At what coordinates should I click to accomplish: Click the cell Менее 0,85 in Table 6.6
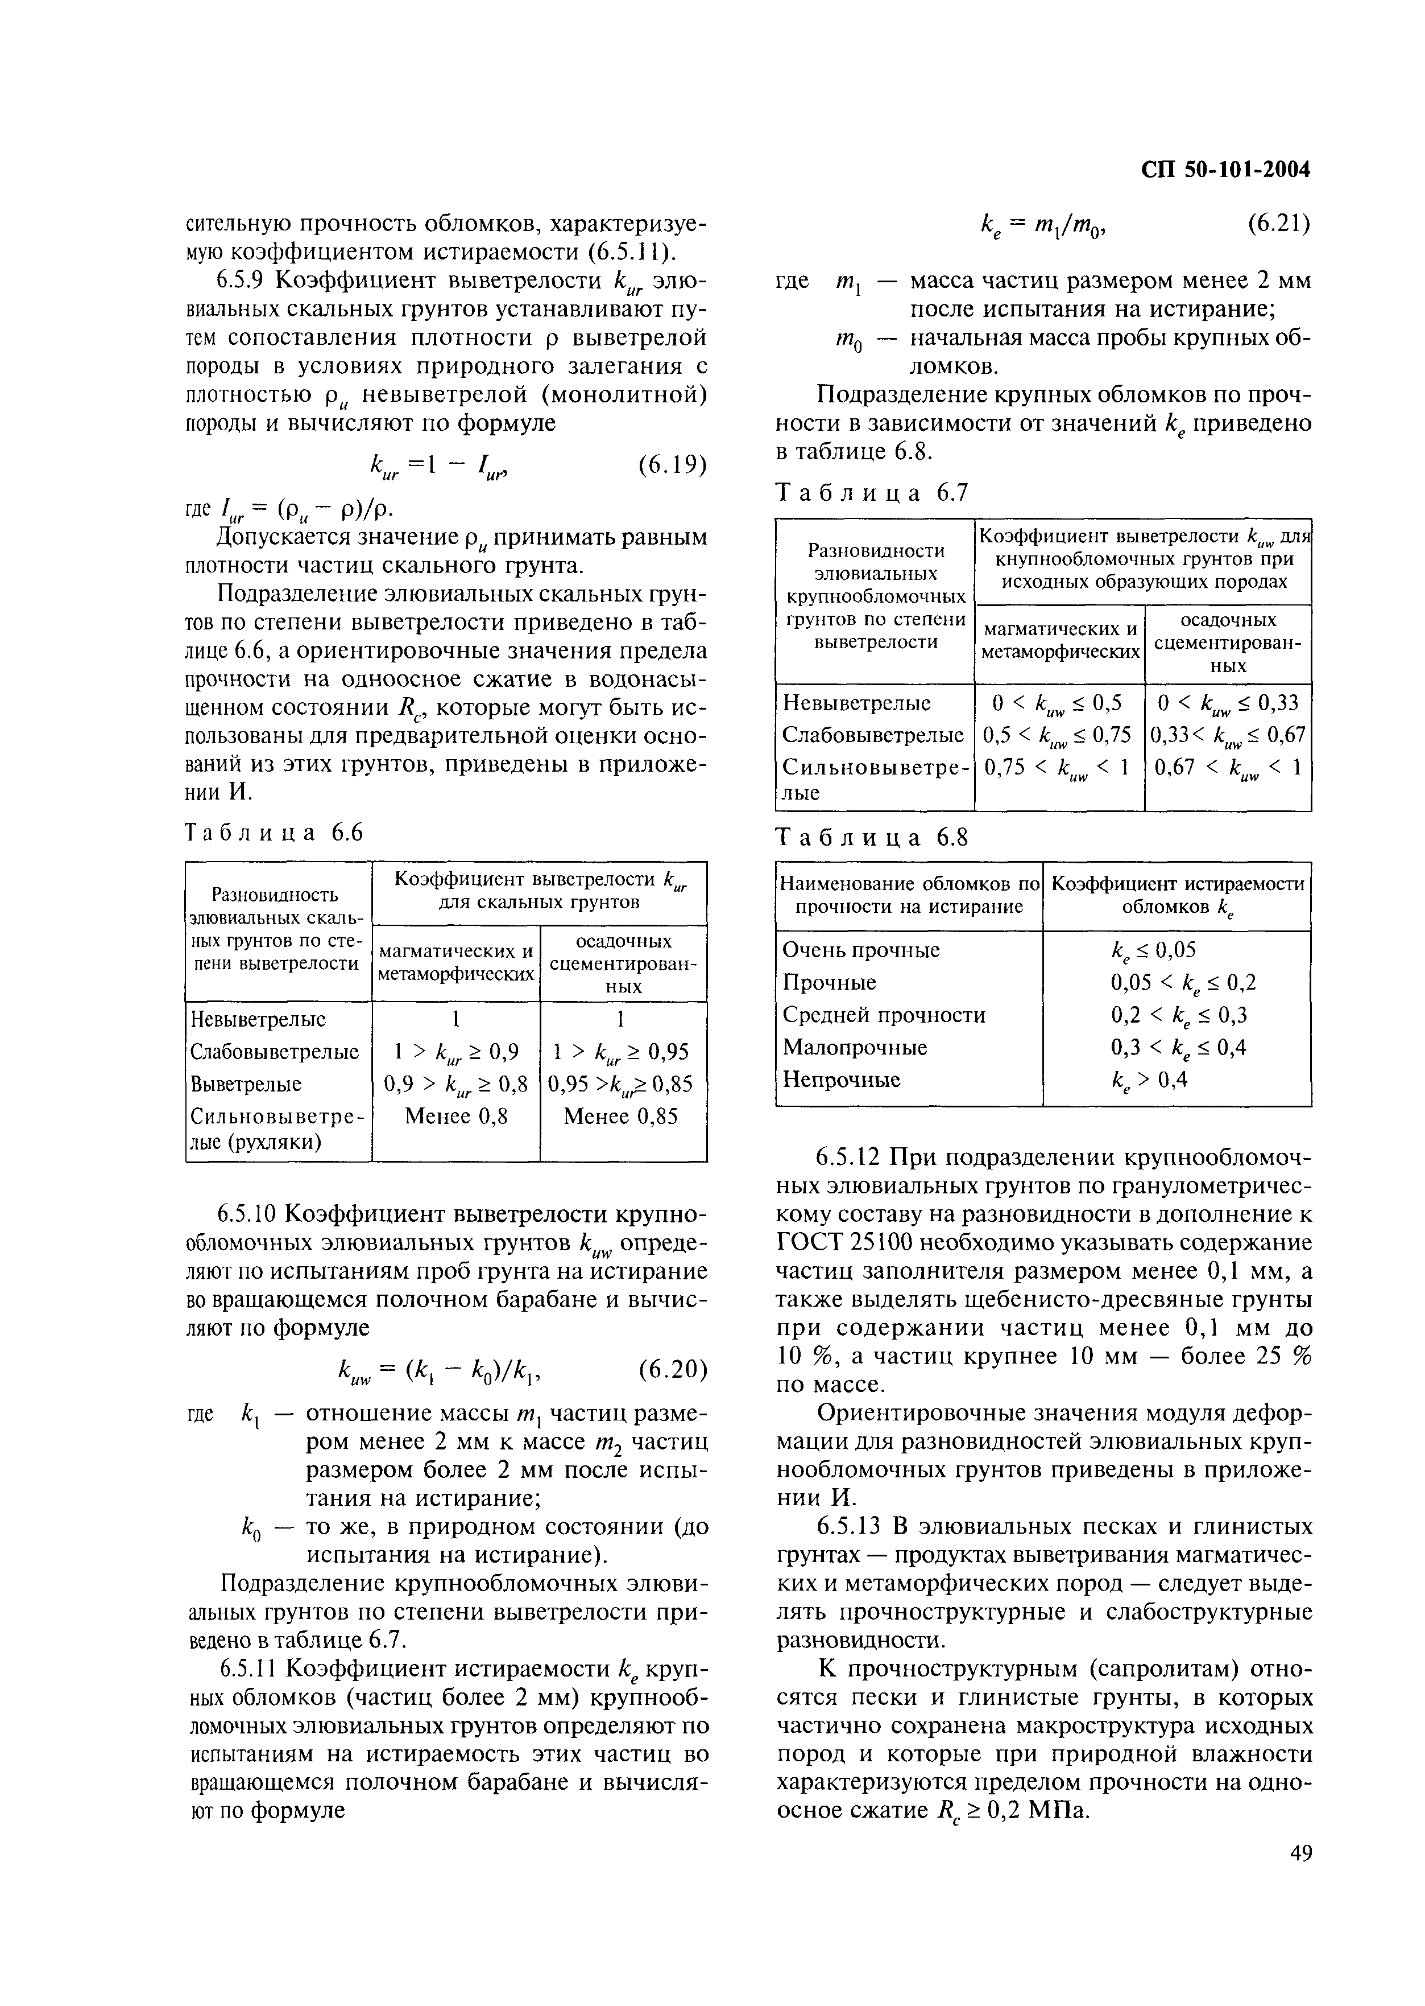[x=622, y=1116]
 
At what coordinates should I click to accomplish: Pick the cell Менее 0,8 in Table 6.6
[x=455, y=1116]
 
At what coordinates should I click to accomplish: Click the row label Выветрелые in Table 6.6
[x=245, y=1084]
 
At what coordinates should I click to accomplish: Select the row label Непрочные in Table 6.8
[x=840, y=1079]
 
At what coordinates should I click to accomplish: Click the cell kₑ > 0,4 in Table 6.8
[x=1149, y=1080]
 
